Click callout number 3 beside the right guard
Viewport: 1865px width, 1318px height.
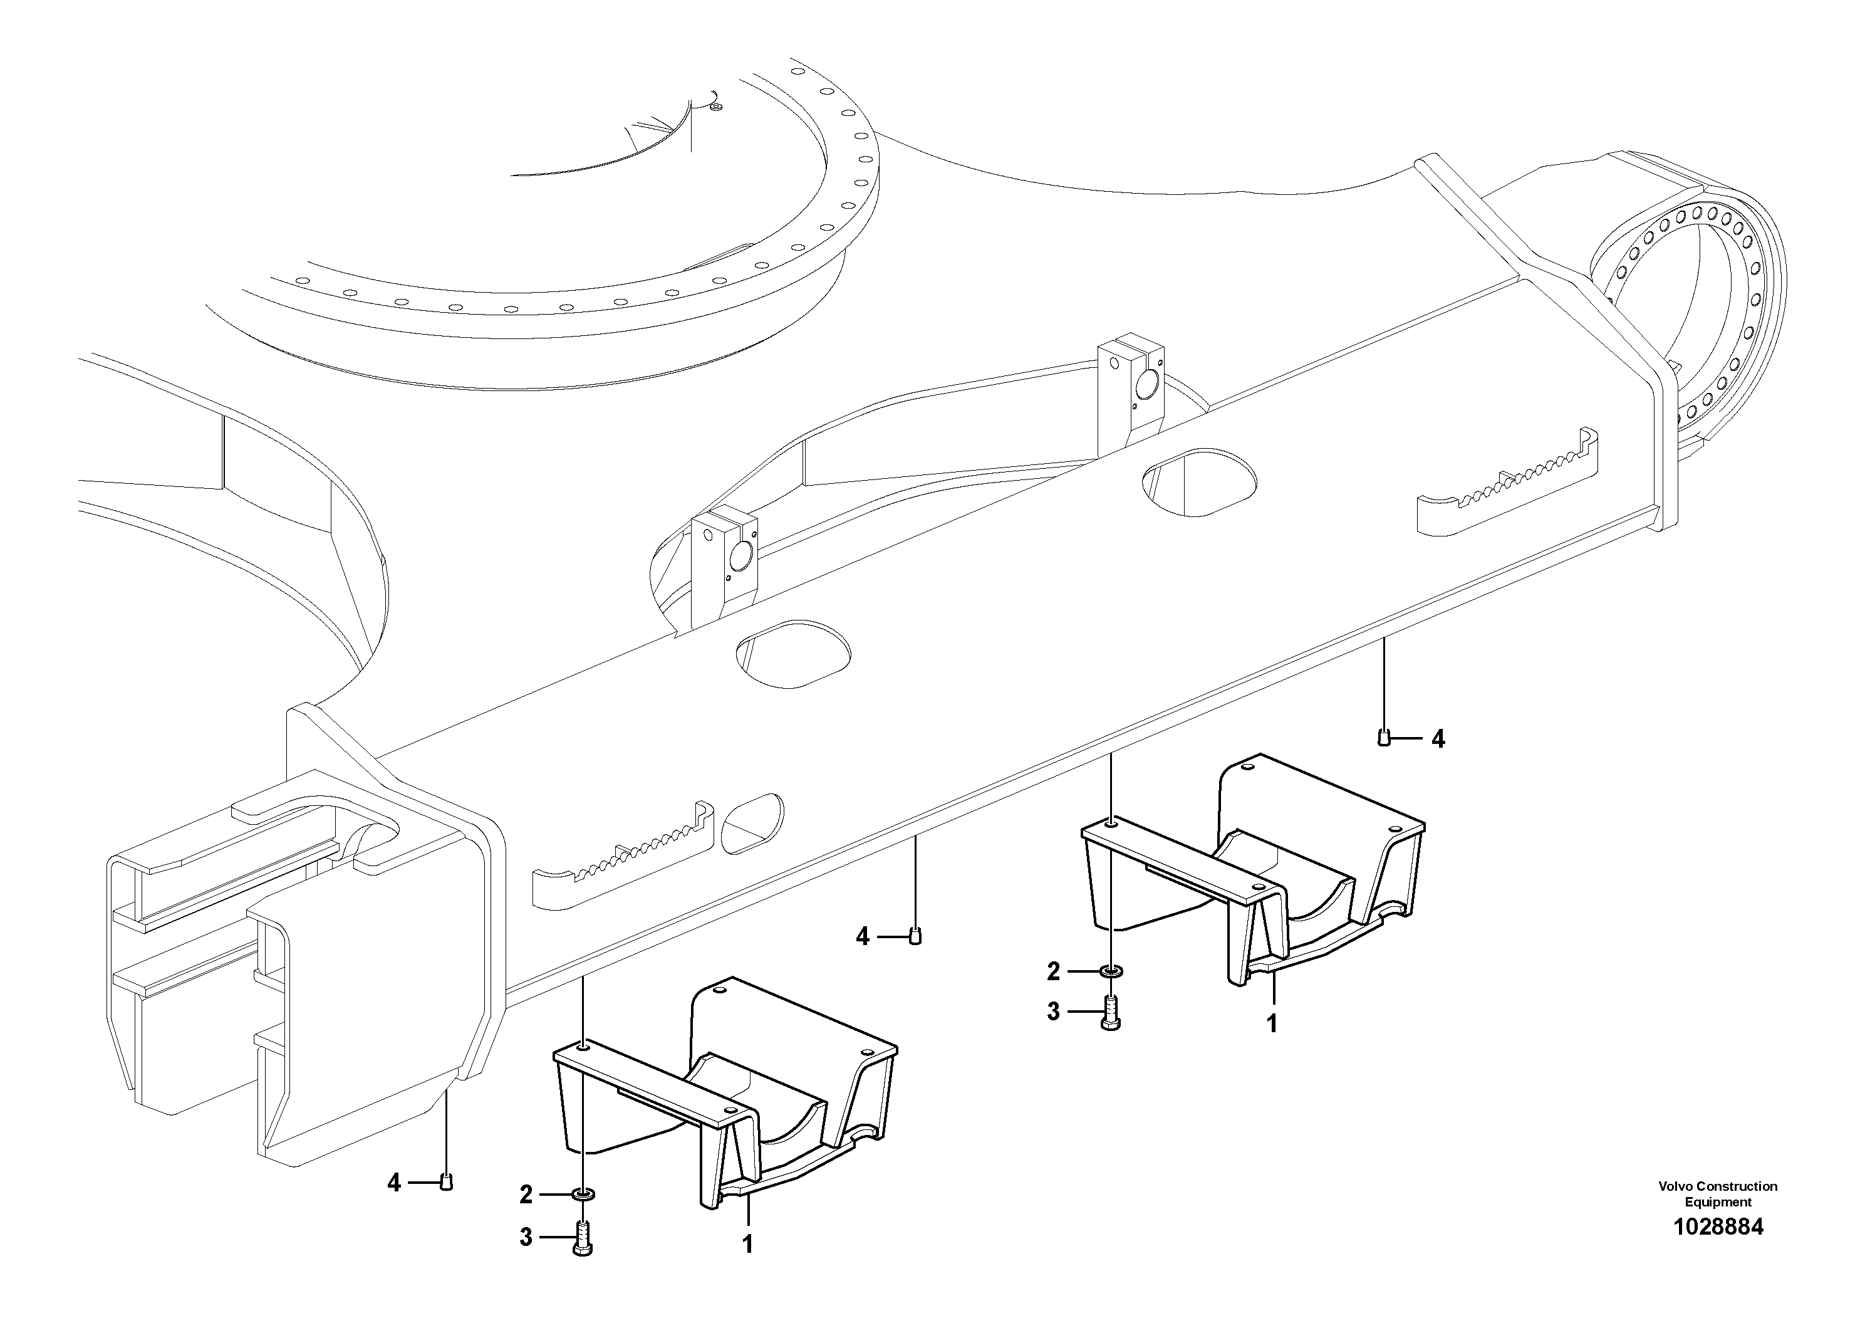(x=1054, y=1012)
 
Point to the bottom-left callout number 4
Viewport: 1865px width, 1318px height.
(x=394, y=1182)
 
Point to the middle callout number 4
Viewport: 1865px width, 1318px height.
(x=863, y=937)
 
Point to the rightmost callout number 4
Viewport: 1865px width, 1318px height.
(x=1438, y=739)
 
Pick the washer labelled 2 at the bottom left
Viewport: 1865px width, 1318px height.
(x=583, y=1194)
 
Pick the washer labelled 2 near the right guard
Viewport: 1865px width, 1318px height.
(x=1110, y=970)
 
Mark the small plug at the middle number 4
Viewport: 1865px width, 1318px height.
(x=915, y=936)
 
